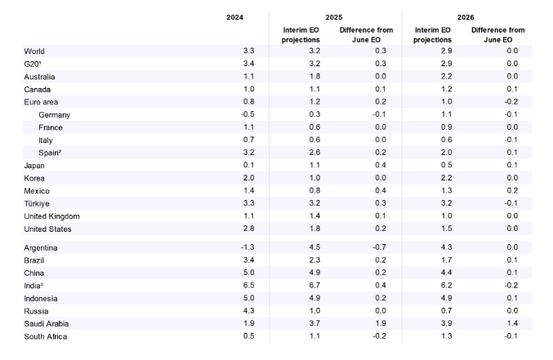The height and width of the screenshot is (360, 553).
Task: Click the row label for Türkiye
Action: coord(38,203)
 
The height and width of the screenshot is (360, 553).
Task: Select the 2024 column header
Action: coord(235,17)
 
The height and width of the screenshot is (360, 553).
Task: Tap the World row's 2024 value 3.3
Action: coord(236,51)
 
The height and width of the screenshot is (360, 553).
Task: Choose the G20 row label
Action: coord(34,64)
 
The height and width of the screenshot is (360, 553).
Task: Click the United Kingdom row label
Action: coord(51,216)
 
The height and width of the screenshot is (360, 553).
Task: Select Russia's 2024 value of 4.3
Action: coord(236,311)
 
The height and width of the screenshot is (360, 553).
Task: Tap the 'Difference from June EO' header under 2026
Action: coord(497,34)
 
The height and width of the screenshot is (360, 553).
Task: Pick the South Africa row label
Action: coord(46,336)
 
